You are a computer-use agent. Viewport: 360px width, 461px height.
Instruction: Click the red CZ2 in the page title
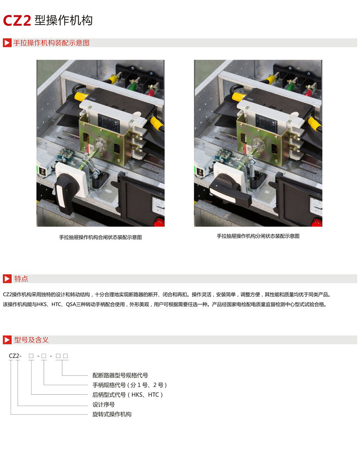tap(17, 21)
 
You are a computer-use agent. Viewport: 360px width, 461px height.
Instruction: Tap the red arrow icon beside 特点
tap(7, 279)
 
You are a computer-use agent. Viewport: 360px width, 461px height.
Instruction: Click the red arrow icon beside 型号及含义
tap(7, 340)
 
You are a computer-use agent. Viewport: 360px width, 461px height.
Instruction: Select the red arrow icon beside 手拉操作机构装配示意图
tap(7, 43)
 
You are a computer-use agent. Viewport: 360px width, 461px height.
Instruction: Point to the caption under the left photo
tap(100, 237)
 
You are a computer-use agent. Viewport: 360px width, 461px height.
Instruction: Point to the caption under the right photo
tap(258, 236)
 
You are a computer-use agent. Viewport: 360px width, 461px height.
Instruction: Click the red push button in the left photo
tap(159, 222)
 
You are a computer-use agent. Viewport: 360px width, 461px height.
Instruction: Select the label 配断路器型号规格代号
tap(120, 375)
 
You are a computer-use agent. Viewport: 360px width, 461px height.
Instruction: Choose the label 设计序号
tap(103, 404)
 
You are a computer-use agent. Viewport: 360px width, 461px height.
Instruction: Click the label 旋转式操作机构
tap(112, 414)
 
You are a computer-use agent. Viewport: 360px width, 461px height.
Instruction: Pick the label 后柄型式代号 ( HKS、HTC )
tap(128, 395)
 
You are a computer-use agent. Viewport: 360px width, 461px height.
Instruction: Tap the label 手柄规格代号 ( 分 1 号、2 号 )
tap(130, 385)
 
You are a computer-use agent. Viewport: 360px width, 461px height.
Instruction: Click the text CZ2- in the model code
tap(15, 356)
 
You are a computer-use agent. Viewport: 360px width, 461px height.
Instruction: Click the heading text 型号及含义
tap(31, 340)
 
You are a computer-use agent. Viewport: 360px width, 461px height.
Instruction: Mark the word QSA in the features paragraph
tap(71, 304)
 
